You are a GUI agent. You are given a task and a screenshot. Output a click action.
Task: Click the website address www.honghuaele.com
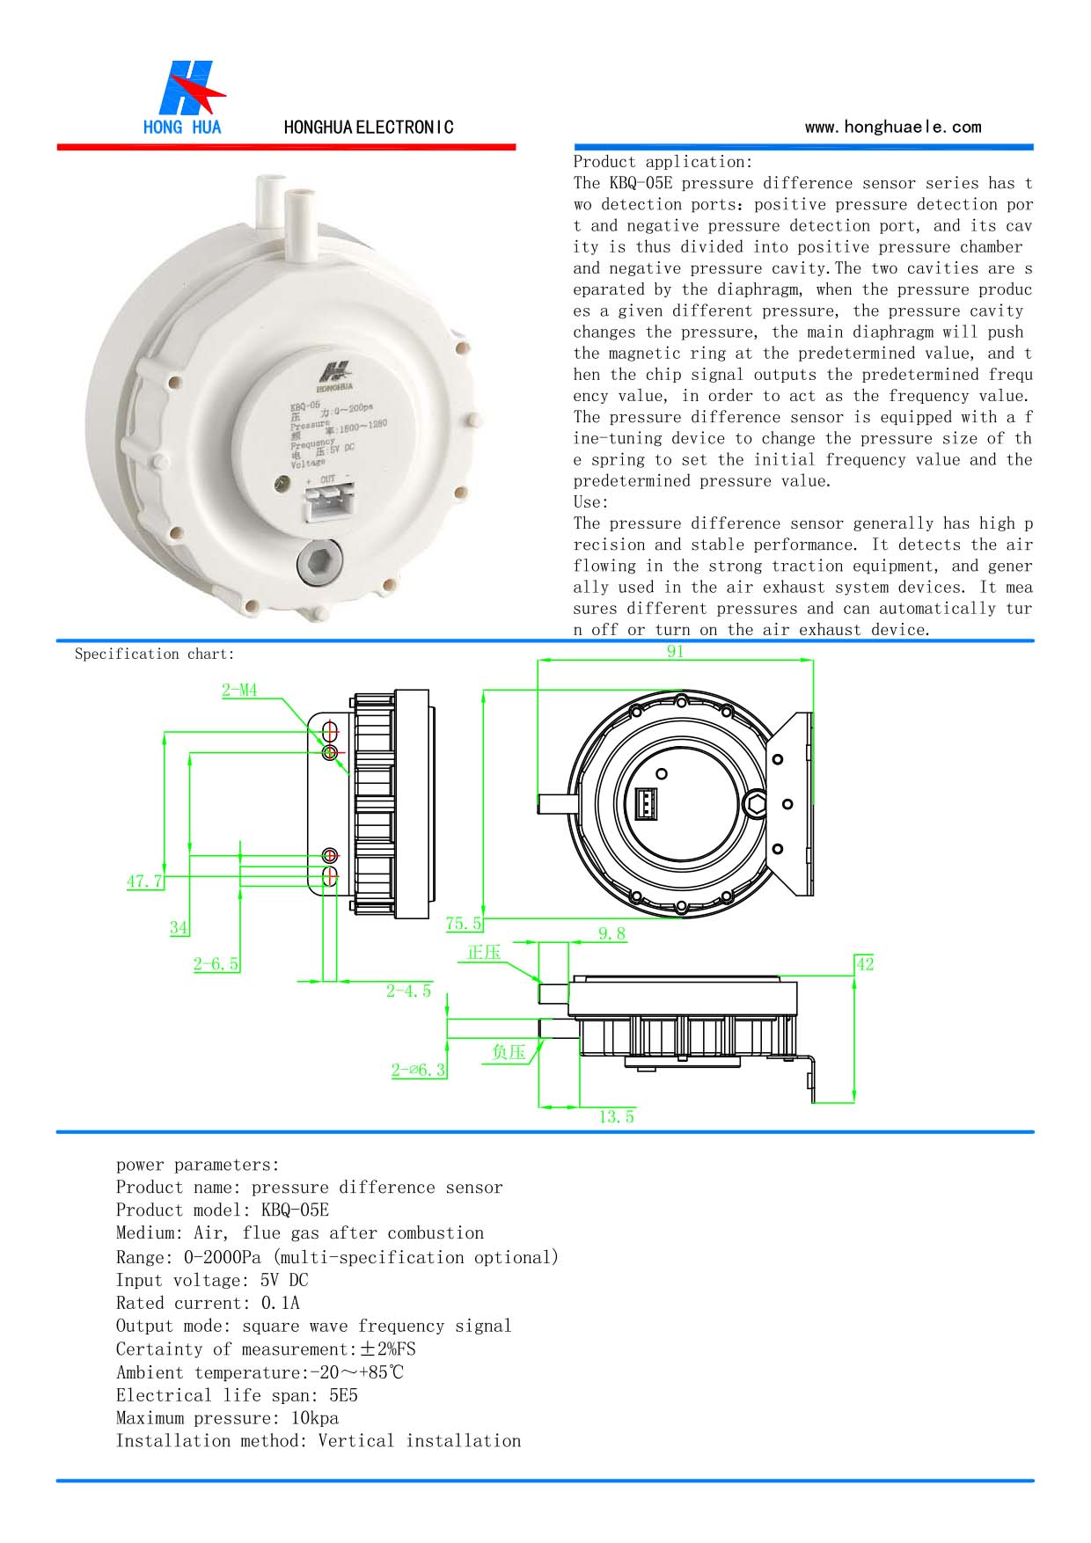(x=892, y=127)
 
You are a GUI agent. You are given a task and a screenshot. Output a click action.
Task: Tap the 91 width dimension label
(x=675, y=652)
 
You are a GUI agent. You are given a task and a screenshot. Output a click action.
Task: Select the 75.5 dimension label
(x=464, y=923)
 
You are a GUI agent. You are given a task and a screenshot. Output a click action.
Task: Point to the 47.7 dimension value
(x=145, y=881)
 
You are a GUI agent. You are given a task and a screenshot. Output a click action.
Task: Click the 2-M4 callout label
(x=239, y=691)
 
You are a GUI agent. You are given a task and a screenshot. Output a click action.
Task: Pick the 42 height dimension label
(x=864, y=963)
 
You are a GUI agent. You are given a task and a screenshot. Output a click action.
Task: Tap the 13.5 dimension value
(x=616, y=1116)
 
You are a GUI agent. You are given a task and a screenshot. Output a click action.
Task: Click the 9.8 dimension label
(x=611, y=933)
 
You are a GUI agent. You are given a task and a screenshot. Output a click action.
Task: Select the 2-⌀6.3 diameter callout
(x=419, y=1070)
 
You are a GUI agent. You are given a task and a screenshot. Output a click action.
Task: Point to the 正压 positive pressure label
(x=484, y=953)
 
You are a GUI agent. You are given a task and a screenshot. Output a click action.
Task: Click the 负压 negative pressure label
(x=509, y=1051)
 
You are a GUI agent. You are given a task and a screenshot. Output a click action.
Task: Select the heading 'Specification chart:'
(x=155, y=654)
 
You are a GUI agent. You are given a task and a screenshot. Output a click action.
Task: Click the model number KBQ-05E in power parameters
(x=295, y=1210)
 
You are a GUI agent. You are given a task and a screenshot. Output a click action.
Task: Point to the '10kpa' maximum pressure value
(x=315, y=1417)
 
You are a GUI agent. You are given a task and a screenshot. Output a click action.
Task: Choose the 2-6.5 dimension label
(x=216, y=963)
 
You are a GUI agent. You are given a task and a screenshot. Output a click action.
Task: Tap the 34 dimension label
(x=179, y=927)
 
